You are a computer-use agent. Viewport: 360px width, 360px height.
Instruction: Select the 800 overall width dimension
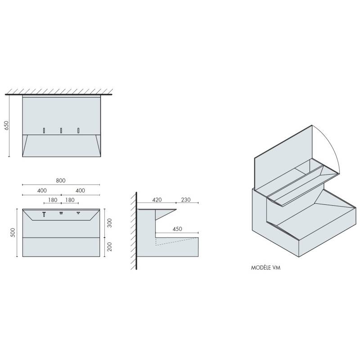[x=61, y=180]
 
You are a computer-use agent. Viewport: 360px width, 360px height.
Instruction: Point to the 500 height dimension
[x=13, y=233]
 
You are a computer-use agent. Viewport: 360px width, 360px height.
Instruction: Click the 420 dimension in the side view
[x=157, y=200]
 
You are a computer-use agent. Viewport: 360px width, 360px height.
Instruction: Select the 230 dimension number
[x=186, y=200]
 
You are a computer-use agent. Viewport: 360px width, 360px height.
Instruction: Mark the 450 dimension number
[x=177, y=229]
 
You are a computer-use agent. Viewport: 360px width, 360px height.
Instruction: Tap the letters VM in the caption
[x=277, y=267]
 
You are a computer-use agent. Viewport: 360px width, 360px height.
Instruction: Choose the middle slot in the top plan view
[x=61, y=130]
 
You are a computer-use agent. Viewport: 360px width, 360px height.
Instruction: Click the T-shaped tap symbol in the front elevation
[x=44, y=214]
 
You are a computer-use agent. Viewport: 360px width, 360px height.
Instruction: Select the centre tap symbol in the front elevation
[x=61, y=213]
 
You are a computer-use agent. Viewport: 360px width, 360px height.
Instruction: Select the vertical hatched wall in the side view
[x=135, y=232]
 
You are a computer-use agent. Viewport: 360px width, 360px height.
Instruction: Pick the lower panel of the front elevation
[x=61, y=247]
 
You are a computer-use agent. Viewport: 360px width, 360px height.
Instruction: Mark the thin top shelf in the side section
[x=156, y=210]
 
